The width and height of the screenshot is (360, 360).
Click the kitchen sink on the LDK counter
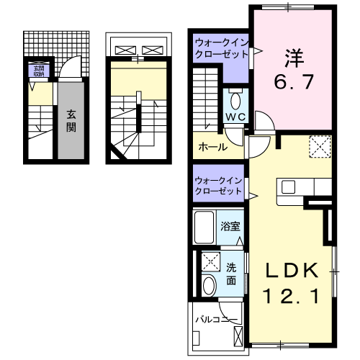(x=287, y=187)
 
